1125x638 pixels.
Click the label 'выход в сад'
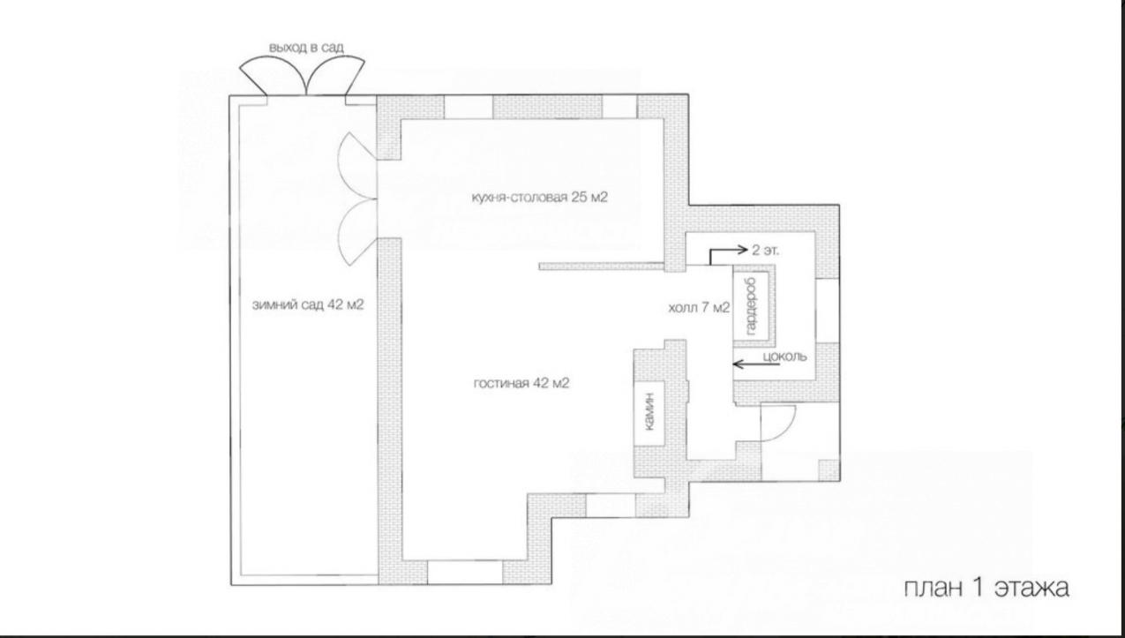point(306,48)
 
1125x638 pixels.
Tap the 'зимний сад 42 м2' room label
point(308,305)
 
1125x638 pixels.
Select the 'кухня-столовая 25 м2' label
point(539,197)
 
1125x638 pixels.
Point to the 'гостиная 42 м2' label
point(521,383)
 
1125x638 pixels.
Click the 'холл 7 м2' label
point(699,308)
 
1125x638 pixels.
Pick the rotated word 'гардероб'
point(752,306)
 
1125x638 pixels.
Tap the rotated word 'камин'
point(649,412)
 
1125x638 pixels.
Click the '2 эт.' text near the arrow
point(765,251)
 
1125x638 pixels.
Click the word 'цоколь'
point(785,357)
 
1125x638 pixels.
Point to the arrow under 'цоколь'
point(756,364)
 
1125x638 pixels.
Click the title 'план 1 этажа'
point(986,588)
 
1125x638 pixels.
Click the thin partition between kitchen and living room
point(602,266)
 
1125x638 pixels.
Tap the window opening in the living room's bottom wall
point(465,572)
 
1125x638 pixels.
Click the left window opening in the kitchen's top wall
point(468,107)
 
